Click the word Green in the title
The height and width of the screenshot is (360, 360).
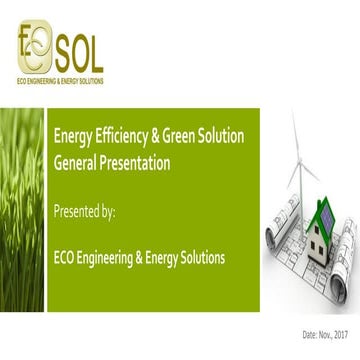[x=175, y=137]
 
